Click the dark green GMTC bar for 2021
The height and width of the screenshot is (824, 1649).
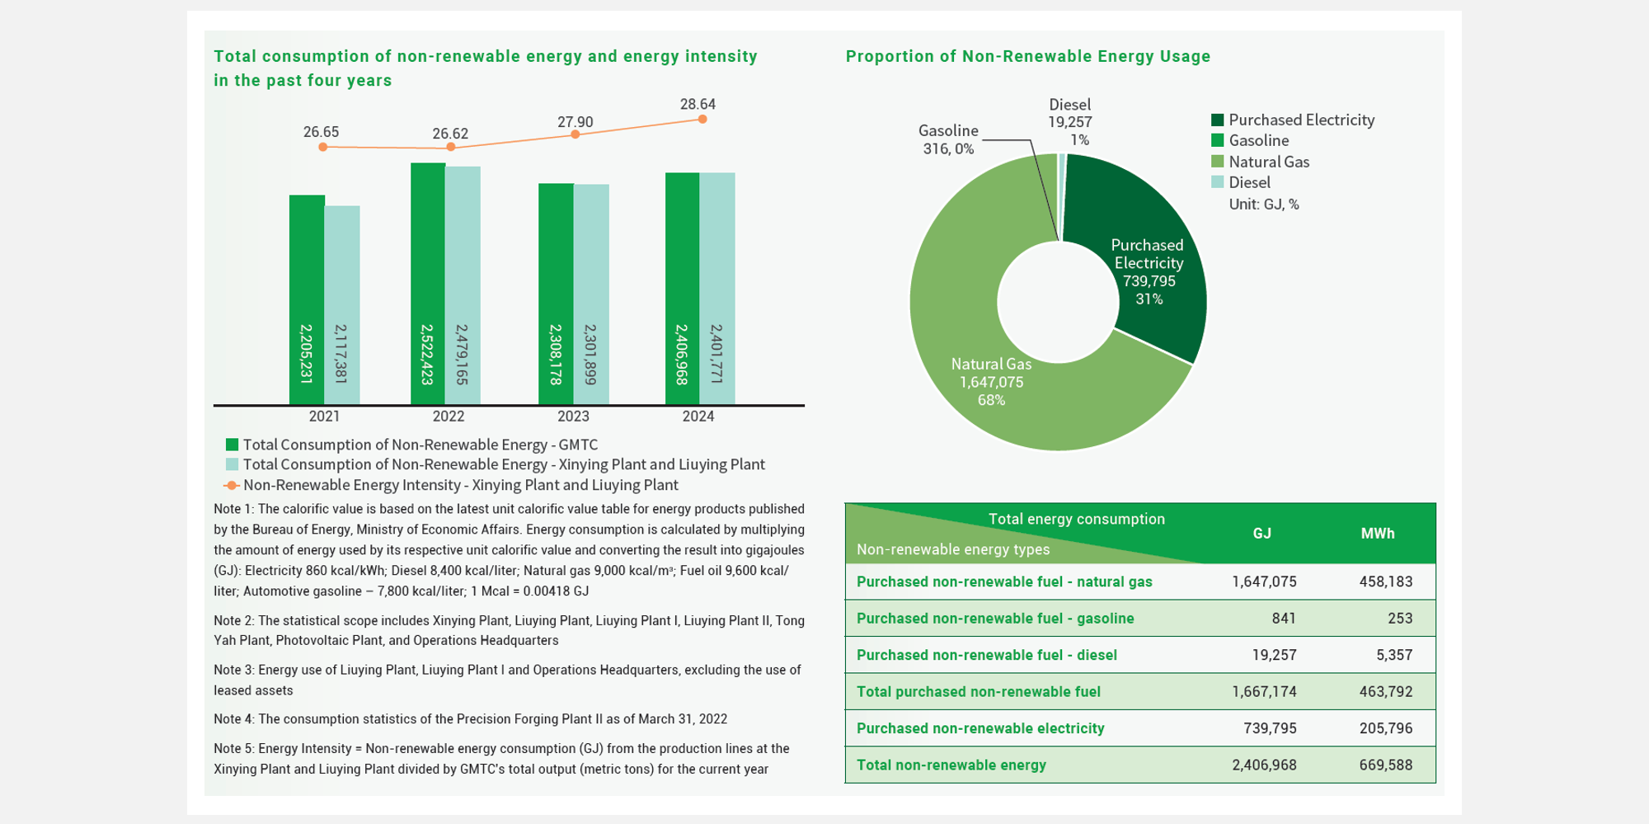click(307, 300)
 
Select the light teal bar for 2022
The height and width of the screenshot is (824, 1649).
click(463, 285)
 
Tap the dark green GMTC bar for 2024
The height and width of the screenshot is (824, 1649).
click(683, 289)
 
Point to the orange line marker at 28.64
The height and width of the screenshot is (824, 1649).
click(702, 120)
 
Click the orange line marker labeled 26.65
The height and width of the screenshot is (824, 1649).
click(323, 147)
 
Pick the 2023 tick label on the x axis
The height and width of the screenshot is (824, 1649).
click(573, 417)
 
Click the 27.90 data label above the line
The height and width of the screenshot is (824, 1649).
click(576, 122)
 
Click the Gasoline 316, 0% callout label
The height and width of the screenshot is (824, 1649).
click(948, 139)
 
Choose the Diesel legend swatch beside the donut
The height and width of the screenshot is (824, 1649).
click(1218, 182)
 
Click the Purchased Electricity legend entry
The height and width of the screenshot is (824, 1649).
click(1293, 120)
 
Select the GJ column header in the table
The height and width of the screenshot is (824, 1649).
click(1262, 534)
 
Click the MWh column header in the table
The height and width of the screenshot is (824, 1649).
click(1378, 534)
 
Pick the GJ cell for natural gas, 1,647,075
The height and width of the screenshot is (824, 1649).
click(1265, 582)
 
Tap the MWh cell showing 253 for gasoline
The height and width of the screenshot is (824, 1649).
click(1400, 619)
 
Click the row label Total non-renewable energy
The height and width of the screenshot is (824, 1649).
click(951, 765)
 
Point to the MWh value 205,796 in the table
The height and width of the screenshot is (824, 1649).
click(1386, 728)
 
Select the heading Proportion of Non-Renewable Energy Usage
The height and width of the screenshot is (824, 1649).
click(1028, 57)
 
